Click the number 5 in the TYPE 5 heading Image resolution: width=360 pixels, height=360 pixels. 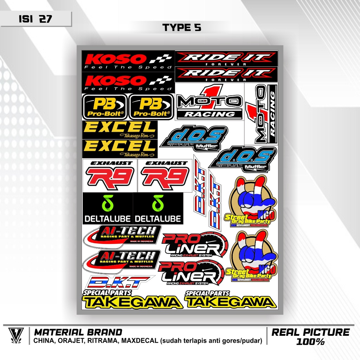[198, 28]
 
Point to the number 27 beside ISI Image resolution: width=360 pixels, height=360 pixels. [45, 19]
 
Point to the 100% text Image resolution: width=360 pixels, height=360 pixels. [310, 341]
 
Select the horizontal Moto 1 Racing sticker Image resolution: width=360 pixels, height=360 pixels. [209, 102]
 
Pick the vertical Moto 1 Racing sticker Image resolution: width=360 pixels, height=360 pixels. [261, 114]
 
